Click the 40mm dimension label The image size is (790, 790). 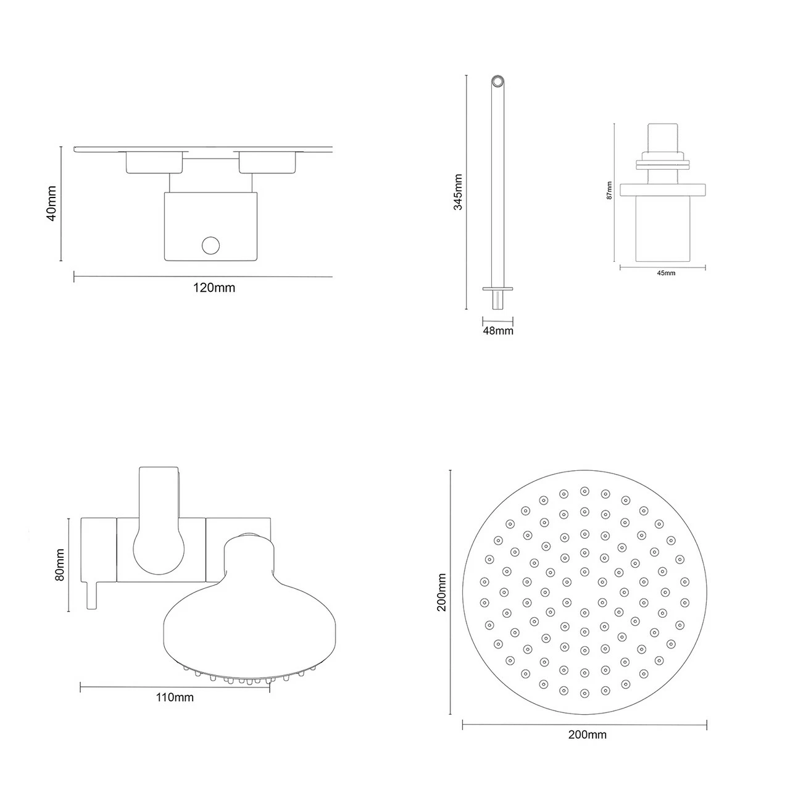pos(51,203)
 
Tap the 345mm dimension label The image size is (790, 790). pos(458,192)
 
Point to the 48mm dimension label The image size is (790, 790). pos(497,331)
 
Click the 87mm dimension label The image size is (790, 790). pos(609,191)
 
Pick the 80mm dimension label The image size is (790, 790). pos(60,565)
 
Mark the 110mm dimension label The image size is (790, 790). pos(175,697)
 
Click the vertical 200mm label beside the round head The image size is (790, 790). pos(442,592)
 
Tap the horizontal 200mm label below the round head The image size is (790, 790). pos(587,734)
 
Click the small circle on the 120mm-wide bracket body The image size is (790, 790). pos(210,246)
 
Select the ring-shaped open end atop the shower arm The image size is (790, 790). pos(497,82)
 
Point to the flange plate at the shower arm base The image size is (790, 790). pos(497,288)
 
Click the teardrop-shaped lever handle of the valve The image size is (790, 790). pos(159,543)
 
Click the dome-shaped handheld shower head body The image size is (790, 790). pos(249,623)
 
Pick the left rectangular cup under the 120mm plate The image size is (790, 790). pos(154,162)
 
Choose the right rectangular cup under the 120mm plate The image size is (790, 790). pos(267,162)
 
